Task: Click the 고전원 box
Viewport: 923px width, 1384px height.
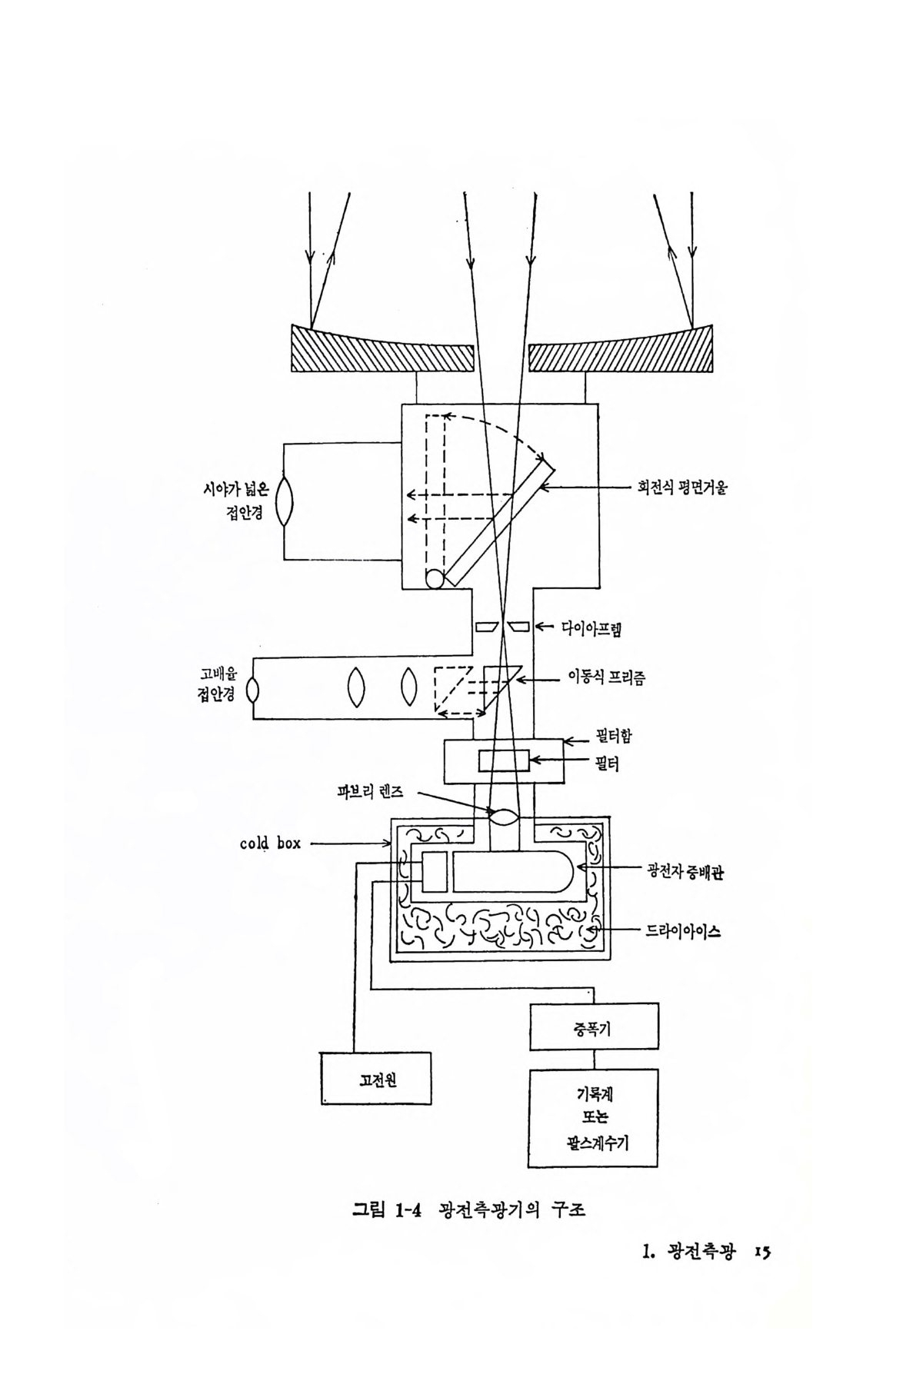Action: pyautogui.click(x=376, y=1079)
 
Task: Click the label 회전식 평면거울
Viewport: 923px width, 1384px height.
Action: pyautogui.click(x=681, y=487)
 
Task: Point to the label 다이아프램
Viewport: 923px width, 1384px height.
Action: pyautogui.click(x=591, y=630)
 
